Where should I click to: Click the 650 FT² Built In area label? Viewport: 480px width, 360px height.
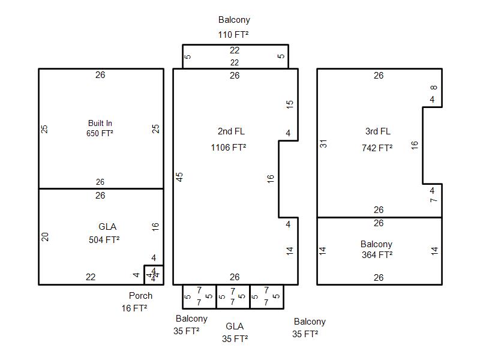[100, 133]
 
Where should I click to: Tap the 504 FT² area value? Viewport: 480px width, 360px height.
[104, 239]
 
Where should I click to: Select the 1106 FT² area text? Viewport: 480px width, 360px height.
[228, 147]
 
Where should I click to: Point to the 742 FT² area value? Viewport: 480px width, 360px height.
[377, 148]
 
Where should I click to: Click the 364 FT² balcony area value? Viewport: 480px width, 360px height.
[377, 254]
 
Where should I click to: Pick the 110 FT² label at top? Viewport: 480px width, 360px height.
[233, 34]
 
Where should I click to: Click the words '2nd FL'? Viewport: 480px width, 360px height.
[231, 131]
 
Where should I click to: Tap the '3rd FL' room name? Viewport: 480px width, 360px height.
[377, 131]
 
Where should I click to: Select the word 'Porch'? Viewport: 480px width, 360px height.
[140, 295]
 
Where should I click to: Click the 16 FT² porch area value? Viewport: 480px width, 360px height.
[134, 308]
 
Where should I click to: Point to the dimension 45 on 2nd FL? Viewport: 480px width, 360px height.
[179, 176]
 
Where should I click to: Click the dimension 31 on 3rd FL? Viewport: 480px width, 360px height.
[323, 144]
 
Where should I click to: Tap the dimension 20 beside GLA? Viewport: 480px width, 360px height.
[45, 236]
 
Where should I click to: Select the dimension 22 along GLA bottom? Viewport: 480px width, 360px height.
[91, 277]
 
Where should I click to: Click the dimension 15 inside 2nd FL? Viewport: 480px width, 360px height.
[290, 104]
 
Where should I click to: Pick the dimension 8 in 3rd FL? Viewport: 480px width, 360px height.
[434, 88]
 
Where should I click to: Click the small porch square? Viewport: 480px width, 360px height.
[154, 274]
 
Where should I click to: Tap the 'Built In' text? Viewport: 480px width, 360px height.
[100, 123]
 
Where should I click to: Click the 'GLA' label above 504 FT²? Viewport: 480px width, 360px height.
[107, 226]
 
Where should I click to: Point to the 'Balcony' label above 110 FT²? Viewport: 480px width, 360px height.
[234, 20]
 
